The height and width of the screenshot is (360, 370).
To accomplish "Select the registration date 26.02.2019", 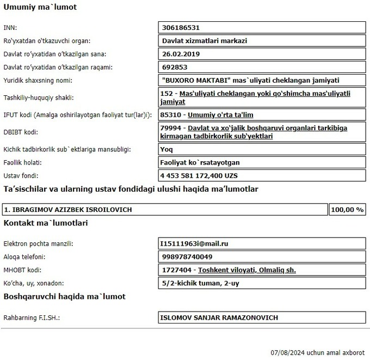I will coord(182,54).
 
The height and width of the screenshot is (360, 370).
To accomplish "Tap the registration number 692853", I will coord(175,68).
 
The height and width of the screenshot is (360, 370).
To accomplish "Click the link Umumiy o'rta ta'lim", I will coord(220,115).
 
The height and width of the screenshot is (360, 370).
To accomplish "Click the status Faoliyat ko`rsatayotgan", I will coord(200,162).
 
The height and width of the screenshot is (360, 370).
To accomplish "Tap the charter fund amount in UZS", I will coord(199,176).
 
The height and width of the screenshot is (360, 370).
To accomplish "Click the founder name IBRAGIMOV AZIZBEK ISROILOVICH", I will coord(68,210).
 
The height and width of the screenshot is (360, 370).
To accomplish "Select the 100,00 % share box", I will coord(347,210).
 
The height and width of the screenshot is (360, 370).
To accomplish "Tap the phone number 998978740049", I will coord(187,257).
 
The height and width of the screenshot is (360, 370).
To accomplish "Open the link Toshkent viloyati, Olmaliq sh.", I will coord(247,270).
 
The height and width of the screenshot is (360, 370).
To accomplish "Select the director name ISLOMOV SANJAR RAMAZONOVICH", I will coord(219,317).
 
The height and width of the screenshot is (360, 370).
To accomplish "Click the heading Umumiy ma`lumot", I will coord(40,8).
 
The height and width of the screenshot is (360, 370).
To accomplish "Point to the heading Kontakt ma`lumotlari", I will coord(46,223).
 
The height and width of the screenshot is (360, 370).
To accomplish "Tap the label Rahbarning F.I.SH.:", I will coord(31,318).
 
